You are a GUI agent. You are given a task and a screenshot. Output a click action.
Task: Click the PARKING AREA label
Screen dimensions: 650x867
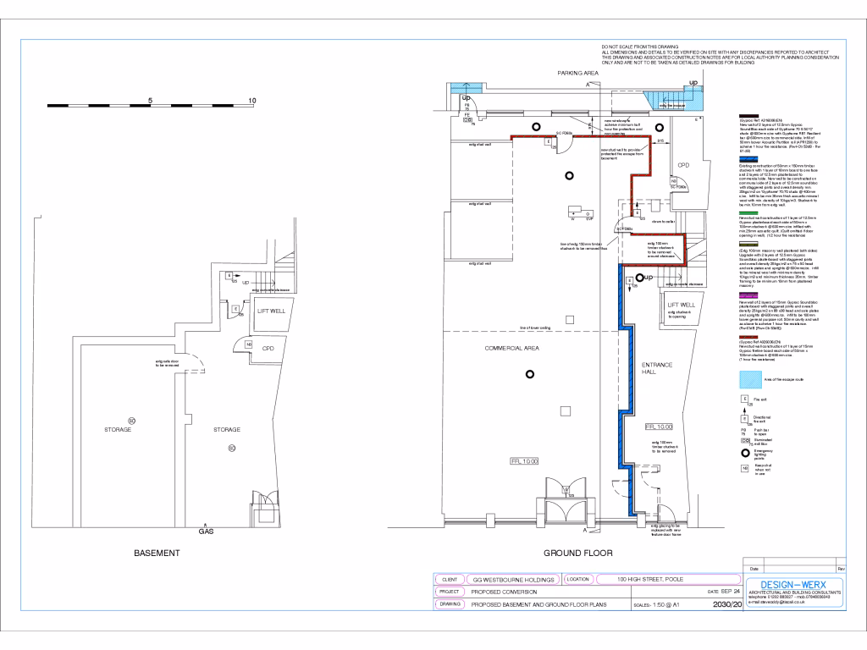point(578,74)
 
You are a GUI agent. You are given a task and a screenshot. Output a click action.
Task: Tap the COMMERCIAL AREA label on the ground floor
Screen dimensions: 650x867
point(512,349)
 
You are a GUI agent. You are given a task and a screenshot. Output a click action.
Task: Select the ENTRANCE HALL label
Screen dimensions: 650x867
point(656,369)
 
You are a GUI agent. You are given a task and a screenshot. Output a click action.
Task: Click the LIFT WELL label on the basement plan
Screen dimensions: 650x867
point(272,311)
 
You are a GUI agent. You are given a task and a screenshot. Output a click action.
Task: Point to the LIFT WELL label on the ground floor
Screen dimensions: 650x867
point(681,305)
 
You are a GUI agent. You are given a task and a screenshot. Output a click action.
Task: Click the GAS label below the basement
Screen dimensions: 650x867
point(206,532)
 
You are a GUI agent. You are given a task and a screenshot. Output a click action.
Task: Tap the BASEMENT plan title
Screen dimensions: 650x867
point(157,554)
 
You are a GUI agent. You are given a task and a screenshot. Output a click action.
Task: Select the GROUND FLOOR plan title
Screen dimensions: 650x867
point(578,554)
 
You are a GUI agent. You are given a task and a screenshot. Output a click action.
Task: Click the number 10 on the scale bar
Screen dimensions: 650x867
point(252,101)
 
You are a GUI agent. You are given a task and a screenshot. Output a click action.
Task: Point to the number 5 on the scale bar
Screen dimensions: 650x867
point(151,101)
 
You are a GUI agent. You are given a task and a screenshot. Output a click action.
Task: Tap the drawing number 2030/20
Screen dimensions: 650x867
point(727,605)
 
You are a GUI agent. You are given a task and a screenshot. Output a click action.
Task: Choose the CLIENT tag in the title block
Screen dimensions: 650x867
point(450,580)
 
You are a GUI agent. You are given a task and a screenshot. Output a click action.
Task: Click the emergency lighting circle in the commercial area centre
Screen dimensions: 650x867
point(530,374)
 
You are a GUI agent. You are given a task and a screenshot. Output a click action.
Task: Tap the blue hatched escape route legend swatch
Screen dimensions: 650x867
point(748,377)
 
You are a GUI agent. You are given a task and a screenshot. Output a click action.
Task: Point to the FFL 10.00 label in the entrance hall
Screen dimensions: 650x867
point(657,427)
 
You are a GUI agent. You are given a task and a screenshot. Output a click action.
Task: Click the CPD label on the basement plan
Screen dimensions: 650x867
point(268,348)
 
